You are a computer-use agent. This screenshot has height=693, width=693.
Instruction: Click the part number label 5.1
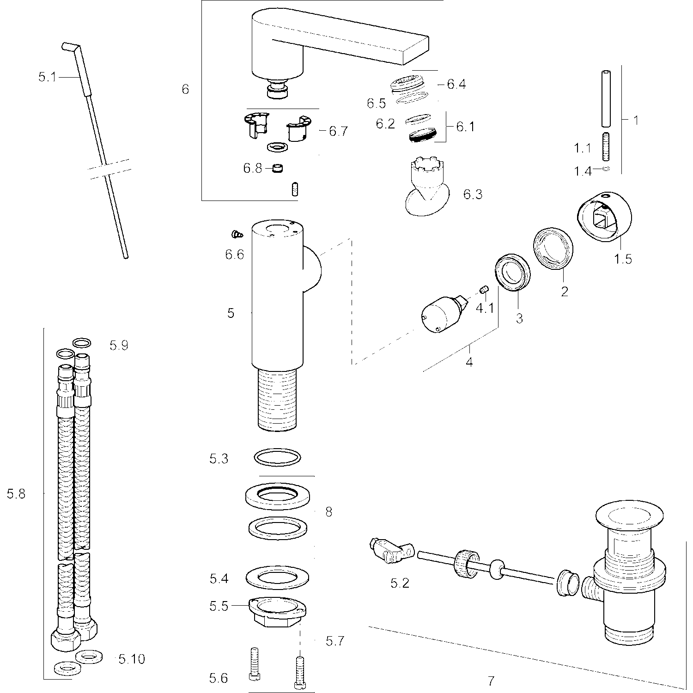[47, 77]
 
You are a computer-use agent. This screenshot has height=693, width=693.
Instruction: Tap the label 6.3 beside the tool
[473, 195]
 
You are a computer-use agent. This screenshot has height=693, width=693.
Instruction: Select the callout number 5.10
[132, 659]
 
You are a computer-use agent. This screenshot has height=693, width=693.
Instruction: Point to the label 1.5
[623, 259]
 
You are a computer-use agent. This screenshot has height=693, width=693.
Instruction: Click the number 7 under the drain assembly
[491, 681]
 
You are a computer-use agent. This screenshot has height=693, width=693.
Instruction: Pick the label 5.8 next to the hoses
[16, 494]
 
